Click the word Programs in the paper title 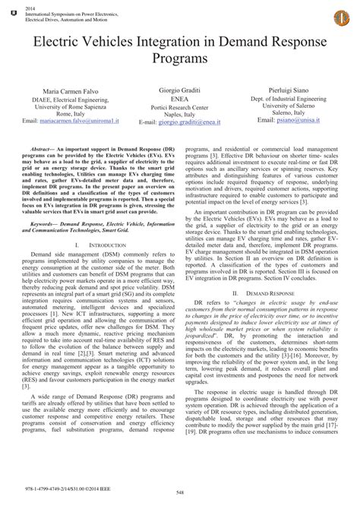coord(180,58)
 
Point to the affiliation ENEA coord(180,97)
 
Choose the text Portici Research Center coord(180,106)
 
